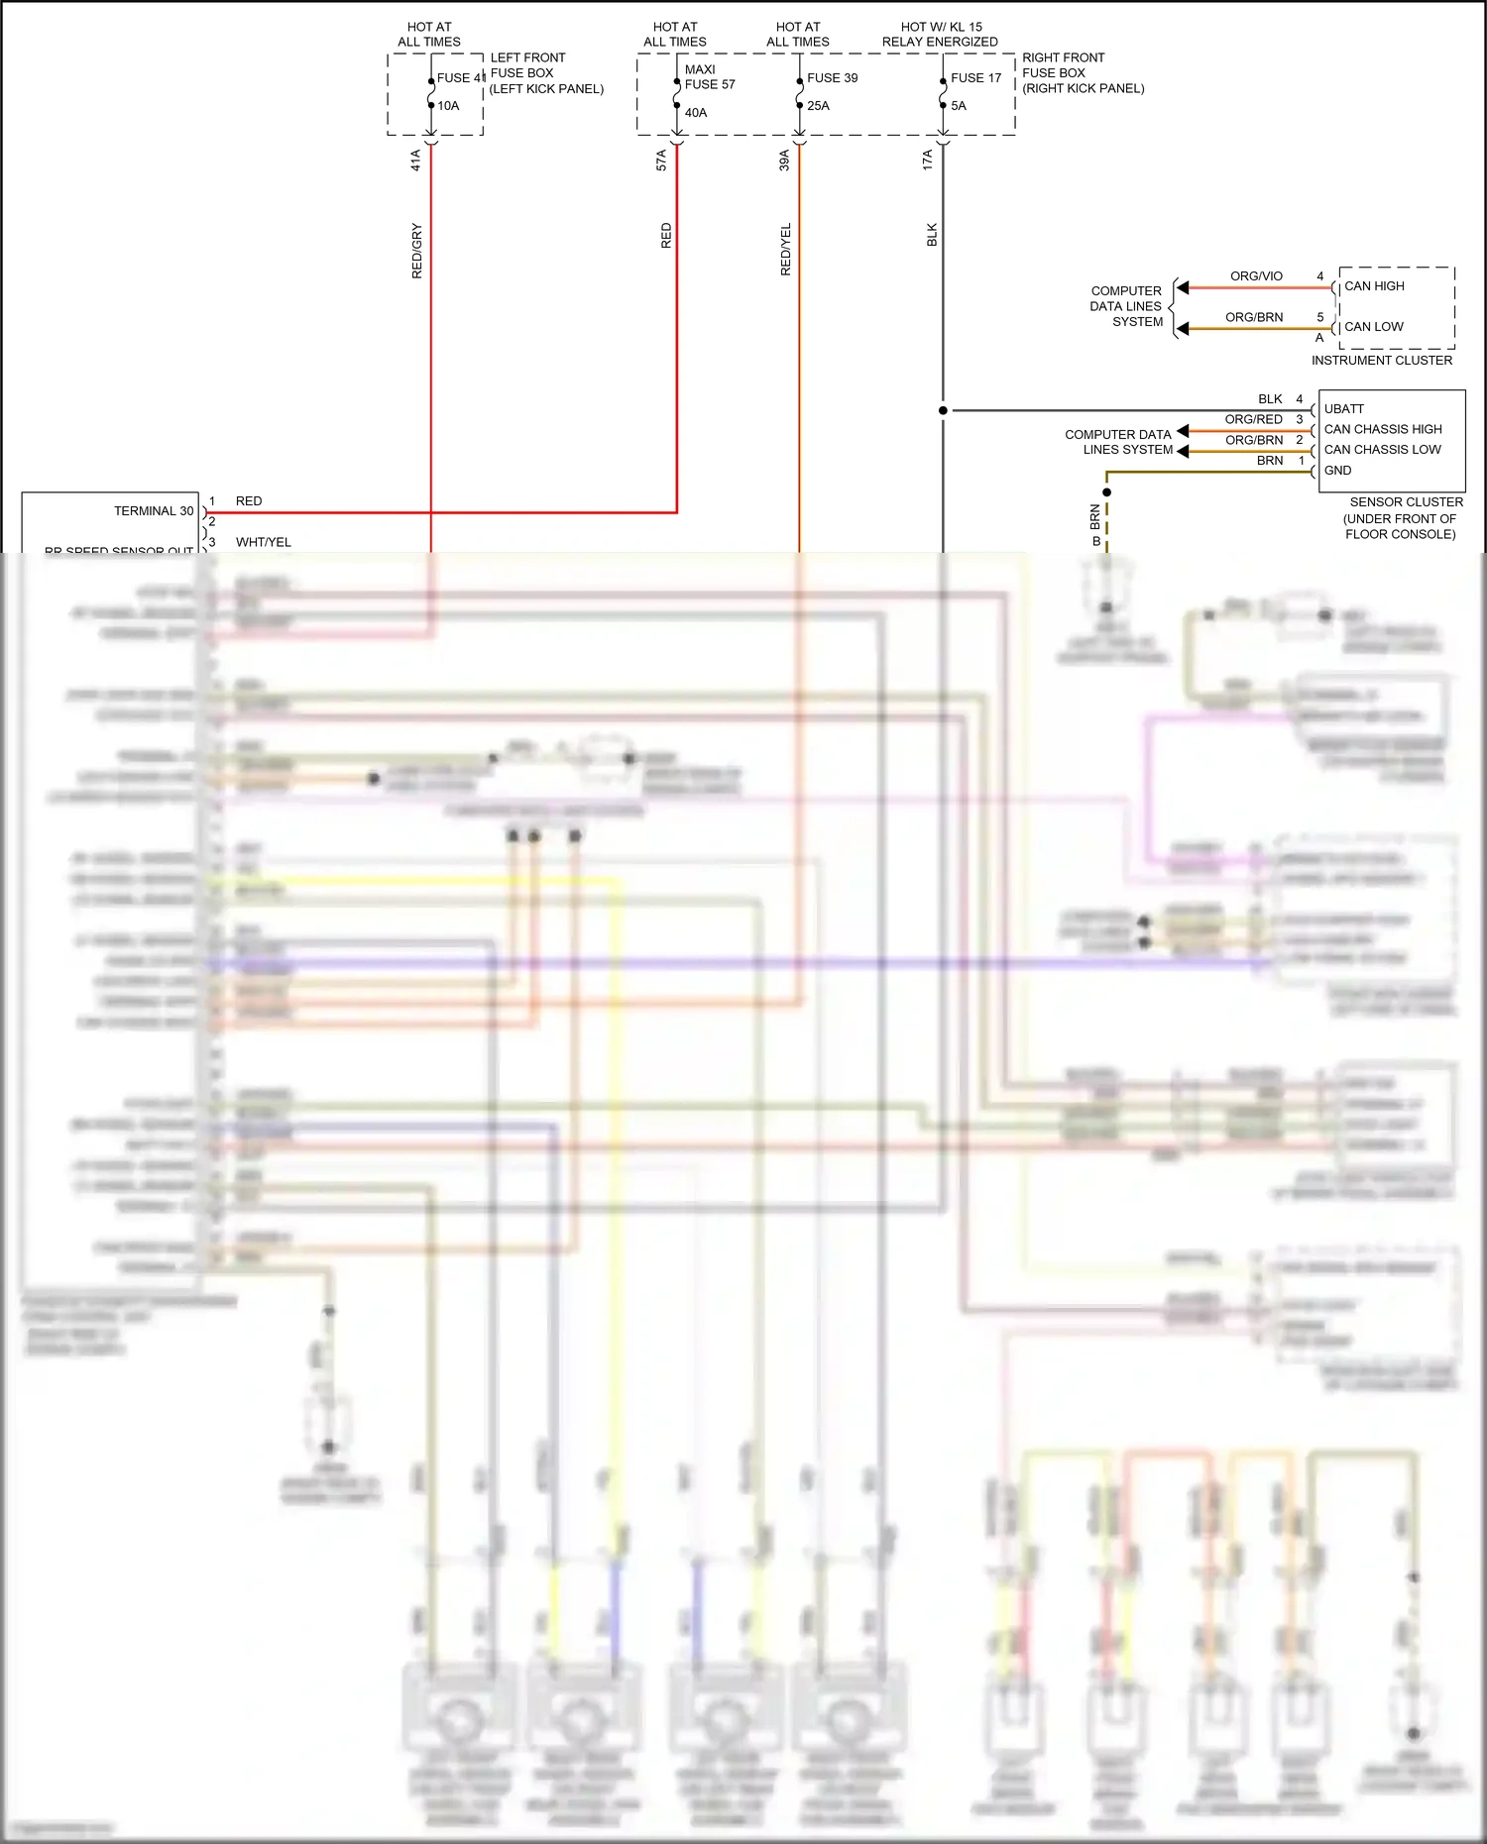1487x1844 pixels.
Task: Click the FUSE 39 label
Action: click(x=832, y=78)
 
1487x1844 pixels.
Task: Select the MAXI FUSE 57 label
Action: click(x=710, y=77)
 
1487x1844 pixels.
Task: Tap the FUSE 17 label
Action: click(x=975, y=78)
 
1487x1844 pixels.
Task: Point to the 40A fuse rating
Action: click(x=696, y=113)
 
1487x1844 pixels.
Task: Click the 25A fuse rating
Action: click(x=818, y=106)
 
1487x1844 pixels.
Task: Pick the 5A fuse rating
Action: click(x=959, y=106)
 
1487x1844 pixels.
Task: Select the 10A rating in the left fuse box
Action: click(x=448, y=106)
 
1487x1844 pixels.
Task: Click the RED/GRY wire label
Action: click(x=417, y=251)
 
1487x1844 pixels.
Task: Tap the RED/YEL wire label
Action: click(x=786, y=249)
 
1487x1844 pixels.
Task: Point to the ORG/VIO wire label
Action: click(x=1256, y=276)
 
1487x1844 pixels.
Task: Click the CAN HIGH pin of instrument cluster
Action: click(x=1374, y=286)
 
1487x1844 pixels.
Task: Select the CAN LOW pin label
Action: click(x=1373, y=327)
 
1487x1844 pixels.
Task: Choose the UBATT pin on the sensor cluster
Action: click(x=1343, y=409)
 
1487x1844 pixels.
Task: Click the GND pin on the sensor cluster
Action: click(x=1337, y=471)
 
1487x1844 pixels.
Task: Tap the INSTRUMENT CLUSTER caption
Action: click(x=1381, y=361)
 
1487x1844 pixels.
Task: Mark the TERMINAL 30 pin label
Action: click(x=154, y=511)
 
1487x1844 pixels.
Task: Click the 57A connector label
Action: click(x=662, y=161)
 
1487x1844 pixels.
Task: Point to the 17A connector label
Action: click(x=928, y=160)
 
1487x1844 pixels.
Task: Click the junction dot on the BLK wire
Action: click(x=943, y=410)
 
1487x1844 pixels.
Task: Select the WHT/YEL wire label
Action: click(x=263, y=542)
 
